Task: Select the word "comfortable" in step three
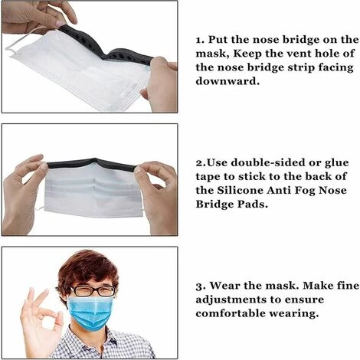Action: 234,313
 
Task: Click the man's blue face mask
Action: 90,312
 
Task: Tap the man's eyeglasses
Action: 93,291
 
